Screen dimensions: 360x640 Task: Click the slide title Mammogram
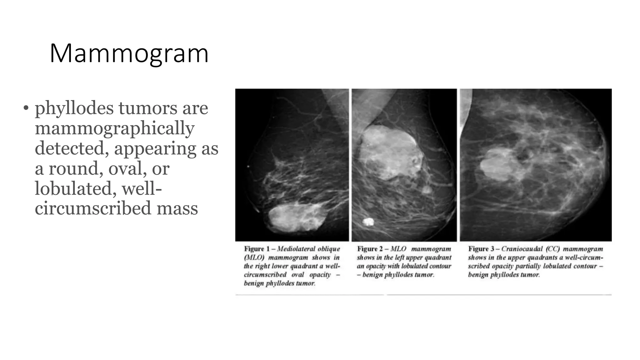point(129,54)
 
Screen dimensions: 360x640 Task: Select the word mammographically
point(114,129)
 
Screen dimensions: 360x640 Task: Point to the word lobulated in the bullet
point(75,189)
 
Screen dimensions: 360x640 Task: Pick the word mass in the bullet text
point(177,208)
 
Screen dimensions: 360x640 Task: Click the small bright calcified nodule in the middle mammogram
point(368,222)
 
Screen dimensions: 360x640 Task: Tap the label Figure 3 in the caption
point(481,249)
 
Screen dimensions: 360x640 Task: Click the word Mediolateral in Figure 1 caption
point(296,249)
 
